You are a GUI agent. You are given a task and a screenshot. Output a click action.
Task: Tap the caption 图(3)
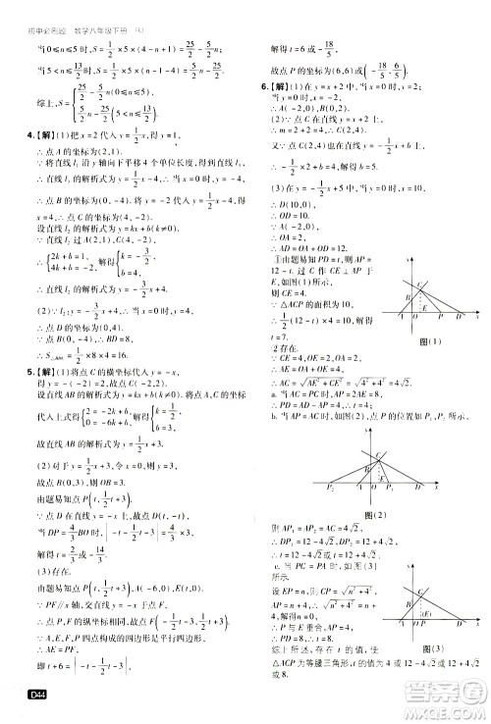429,650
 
